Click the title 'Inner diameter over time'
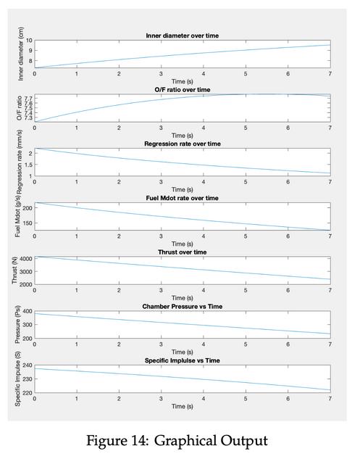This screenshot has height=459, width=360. point(183,36)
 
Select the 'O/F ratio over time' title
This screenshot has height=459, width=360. point(183,90)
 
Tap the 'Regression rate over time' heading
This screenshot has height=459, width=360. point(183,144)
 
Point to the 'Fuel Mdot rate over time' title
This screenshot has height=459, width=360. point(183,198)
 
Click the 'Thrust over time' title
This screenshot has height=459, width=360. point(183,252)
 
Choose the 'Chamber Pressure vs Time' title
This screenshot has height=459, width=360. point(183,307)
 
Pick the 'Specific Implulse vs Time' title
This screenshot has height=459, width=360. point(183,360)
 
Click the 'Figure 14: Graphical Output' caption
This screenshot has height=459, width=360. point(177,441)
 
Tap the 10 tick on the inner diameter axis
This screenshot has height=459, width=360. point(29,41)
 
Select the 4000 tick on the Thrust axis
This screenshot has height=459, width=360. point(25,259)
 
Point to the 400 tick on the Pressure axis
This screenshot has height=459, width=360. point(28,311)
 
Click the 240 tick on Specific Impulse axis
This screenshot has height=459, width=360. point(28,365)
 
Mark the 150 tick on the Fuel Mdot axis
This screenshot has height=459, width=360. point(28,223)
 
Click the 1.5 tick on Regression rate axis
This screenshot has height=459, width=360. point(28,165)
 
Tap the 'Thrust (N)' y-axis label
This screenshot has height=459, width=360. point(14,270)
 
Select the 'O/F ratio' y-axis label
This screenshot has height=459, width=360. point(20,108)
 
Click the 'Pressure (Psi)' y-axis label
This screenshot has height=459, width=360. point(17,324)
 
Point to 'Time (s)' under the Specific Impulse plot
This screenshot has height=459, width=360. point(183,406)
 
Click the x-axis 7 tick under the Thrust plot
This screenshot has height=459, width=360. point(330,290)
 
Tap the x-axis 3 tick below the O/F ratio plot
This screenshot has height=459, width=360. point(161,128)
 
